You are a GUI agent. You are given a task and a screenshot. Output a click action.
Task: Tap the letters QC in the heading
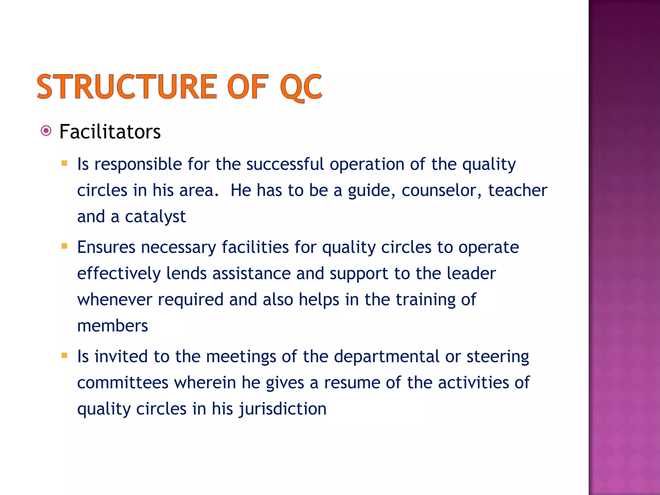[x=301, y=87]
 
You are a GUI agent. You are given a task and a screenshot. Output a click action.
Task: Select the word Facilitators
[x=110, y=132]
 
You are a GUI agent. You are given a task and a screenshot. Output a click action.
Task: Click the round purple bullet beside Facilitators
[x=46, y=131]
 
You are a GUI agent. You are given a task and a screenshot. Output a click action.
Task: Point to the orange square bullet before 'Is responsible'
[x=64, y=163]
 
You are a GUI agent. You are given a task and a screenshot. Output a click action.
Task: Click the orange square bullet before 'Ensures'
[x=64, y=247]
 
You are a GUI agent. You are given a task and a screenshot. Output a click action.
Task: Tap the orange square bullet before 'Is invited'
[x=64, y=356]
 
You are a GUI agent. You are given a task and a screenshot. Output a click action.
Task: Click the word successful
[x=285, y=164]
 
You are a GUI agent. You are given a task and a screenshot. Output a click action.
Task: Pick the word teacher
[x=518, y=190]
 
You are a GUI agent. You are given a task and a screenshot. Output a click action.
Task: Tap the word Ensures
[x=106, y=247]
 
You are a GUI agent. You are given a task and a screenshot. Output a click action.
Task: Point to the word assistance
[x=251, y=274]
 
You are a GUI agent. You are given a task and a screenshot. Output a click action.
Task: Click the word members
[x=112, y=326]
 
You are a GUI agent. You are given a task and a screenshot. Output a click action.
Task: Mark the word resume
[x=352, y=383]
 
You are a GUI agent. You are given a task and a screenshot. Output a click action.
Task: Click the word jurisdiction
[x=283, y=409]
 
